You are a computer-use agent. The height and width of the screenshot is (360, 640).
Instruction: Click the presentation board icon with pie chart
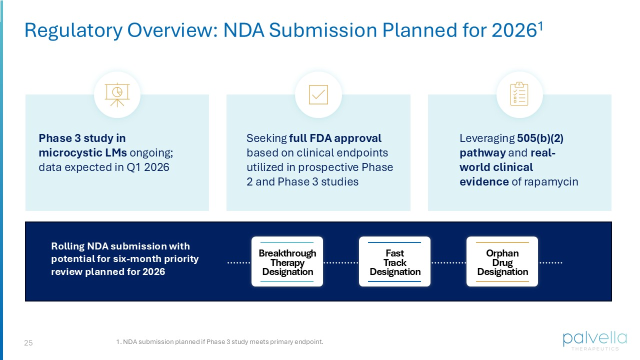pos(117,94)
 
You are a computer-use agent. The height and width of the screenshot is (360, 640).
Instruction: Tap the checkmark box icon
pos(318,94)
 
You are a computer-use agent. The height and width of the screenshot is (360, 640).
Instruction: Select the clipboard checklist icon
pos(519,94)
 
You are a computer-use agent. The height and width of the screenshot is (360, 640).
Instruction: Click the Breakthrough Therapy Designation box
pos(287,262)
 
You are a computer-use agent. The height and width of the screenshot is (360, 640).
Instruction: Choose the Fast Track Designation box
pos(395,262)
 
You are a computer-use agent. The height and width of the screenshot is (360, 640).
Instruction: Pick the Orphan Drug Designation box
pos(502,262)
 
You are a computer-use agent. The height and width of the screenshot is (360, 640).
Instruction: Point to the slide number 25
pos(28,343)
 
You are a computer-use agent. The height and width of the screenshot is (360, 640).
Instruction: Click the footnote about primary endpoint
pos(220,342)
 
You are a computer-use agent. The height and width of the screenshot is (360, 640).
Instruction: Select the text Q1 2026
pos(149,167)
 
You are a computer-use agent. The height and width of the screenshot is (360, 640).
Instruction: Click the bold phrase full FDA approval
pos(335,138)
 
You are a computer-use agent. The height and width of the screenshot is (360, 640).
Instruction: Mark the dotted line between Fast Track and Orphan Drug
pos(448,262)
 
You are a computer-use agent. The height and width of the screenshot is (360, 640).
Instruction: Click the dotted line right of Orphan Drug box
pos(550,262)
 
